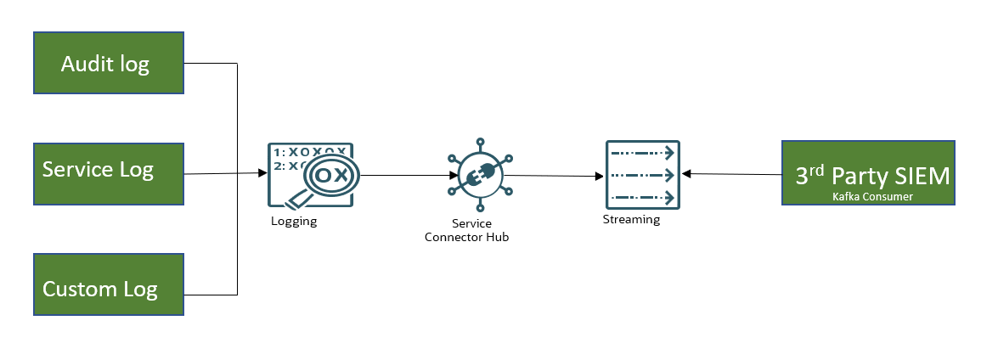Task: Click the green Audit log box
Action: click(x=108, y=64)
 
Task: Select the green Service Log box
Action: click(x=108, y=172)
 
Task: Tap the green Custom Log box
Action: click(x=108, y=284)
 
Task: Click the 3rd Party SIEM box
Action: click(x=868, y=173)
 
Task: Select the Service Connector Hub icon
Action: click(x=479, y=174)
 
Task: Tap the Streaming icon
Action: click(x=642, y=174)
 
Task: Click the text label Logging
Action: click(x=294, y=221)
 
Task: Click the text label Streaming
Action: click(x=631, y=220)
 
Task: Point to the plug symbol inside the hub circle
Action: click(x=478, y=175)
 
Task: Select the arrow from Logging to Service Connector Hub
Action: click(x=403, y=175)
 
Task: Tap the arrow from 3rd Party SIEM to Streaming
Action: click(x=730, y=174)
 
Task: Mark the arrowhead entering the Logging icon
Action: click(x=262, y=173)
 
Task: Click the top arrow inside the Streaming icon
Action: click(x=642, y=154)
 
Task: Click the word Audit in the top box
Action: click(x=86, y=64)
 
